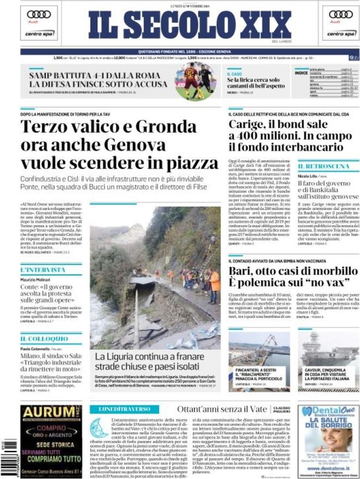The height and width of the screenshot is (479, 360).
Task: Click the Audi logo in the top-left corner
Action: tap(39, 15)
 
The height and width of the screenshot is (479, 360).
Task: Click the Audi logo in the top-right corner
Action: tap(340, 15)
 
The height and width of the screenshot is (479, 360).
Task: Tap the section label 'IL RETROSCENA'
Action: tap(324, 165)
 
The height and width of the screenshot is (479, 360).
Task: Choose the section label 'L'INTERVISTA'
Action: tap(42, 270)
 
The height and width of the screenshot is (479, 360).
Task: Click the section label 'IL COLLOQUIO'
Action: tap(44, 338)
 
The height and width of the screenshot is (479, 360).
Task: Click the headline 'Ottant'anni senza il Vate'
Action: tap(222, 409)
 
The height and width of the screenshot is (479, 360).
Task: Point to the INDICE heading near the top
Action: tap(301, 72)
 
